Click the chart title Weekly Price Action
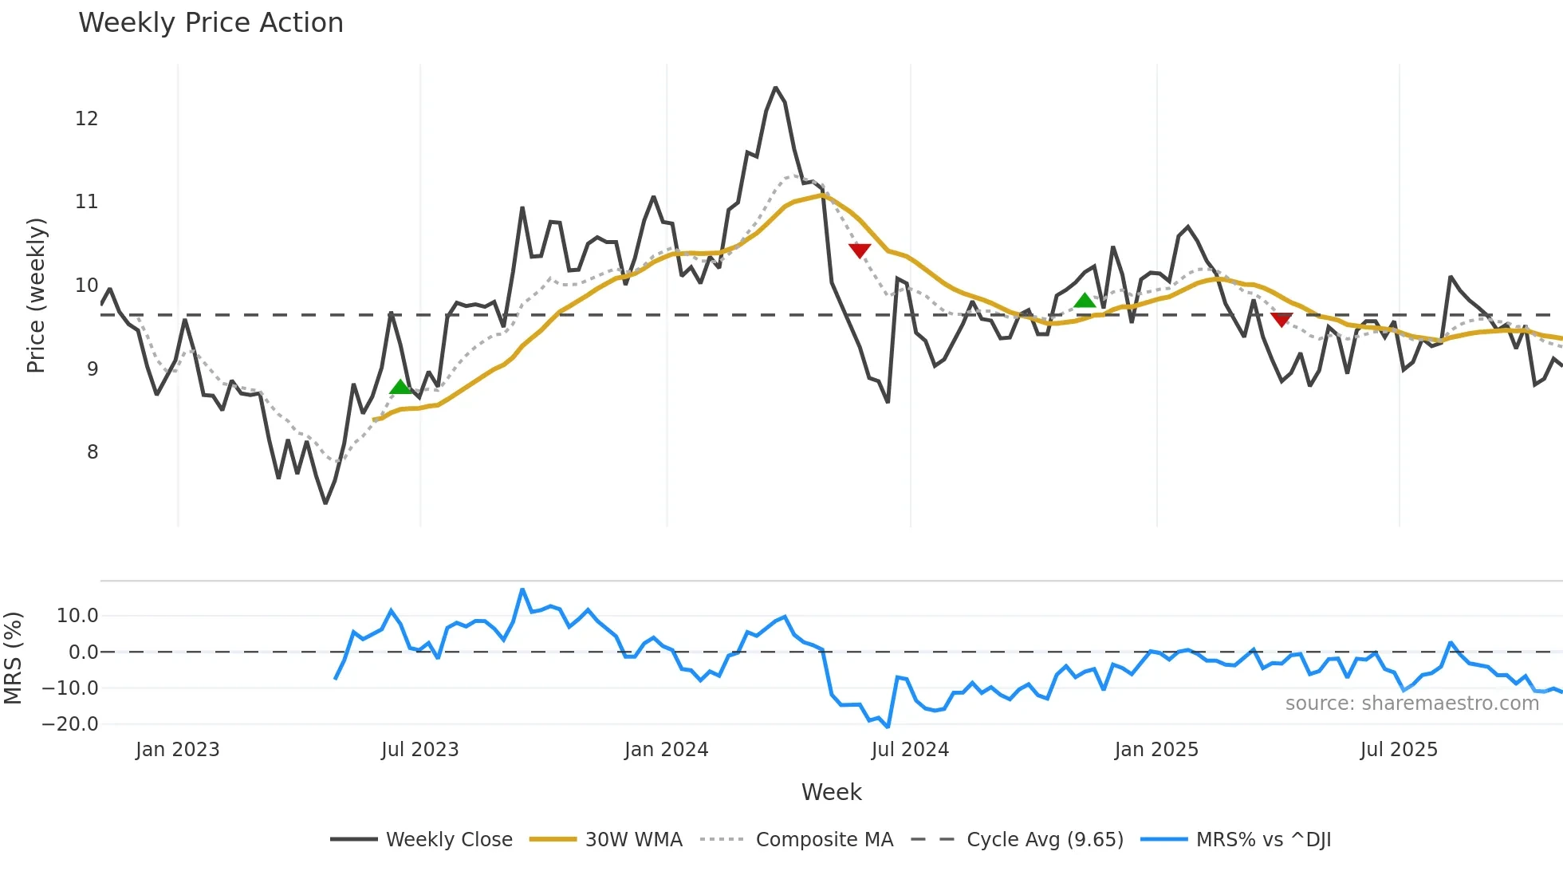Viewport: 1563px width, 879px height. click(211, 23)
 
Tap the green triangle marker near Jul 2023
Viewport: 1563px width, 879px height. click(400, 388)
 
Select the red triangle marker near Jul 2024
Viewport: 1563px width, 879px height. click(860, 250)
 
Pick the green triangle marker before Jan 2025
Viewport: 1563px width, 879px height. click(1085, 301)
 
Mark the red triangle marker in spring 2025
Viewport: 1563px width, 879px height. click(1282, 320)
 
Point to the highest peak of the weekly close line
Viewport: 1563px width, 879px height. click(775, 88)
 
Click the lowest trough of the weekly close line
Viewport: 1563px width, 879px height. click(325, 503)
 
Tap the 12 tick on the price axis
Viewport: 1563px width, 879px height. click(86, 119)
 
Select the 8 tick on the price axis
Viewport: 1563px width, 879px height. click(93, 452)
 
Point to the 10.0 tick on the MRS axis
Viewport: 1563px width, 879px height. click(77, 616)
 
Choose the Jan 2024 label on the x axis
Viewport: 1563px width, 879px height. click(666, 750)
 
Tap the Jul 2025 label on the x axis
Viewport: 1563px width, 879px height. click(1399, 750)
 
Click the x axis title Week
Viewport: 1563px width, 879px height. click(831, 792)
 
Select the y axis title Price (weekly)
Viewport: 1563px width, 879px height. click(36, 295)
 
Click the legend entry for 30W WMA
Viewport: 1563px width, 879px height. click(633, 840)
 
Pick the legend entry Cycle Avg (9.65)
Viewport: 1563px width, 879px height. click(1045, 840)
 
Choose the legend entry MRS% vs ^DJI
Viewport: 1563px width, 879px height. click(1263, 840)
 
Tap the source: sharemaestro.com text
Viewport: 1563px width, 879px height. click(1411, 704)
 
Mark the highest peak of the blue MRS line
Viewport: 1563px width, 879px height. click(522, 589)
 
